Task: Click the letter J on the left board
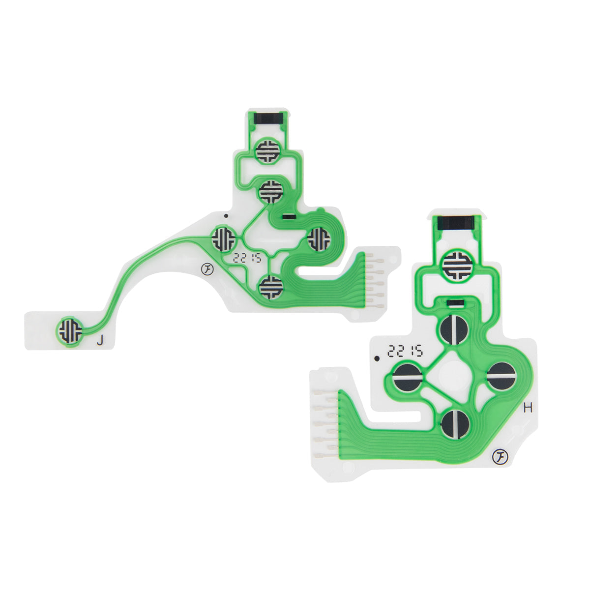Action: click(x=100, y=341)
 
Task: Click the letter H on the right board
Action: click(x=528, y=408)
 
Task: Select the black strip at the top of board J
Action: click(x=269, y=118)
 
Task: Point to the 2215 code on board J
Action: click(x=247, y=258)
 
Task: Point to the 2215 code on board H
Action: click(x=405, y=351)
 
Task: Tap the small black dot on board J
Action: click(x=226, y=215)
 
